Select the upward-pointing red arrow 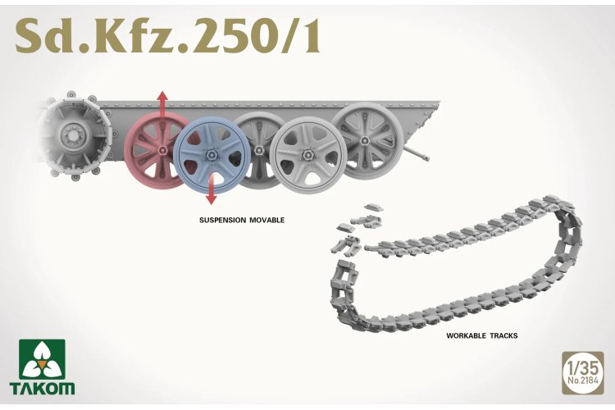[162, 107]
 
